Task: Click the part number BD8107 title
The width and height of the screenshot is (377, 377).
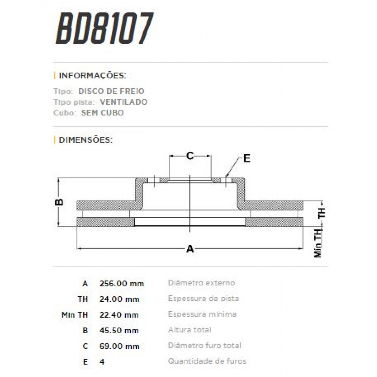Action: (x=105, y=29)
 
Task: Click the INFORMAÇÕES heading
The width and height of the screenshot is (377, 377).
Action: (x=92, y=76)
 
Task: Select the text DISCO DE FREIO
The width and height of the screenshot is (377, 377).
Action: (x=111, y=91)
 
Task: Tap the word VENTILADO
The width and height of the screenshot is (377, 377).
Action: (x=123, y=102)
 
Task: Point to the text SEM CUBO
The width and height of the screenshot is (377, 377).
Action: (x=102, y=113)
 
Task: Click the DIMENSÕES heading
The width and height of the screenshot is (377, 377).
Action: (x=85, y=140)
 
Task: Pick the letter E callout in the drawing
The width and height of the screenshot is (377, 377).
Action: (x=247, y=158)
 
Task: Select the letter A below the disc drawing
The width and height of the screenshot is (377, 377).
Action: (x=190, y=249)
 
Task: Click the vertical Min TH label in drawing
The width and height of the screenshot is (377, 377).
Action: (x=318, y=243)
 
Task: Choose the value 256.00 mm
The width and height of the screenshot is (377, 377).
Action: (x=122, y=283)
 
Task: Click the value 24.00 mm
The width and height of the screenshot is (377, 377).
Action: (x=119, y=299)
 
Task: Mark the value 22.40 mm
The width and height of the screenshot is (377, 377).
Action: (x=119, y=315)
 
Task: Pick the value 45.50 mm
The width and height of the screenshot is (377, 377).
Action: (x=119, y=331)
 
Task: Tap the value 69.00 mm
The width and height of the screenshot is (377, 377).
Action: (x=119, y=346)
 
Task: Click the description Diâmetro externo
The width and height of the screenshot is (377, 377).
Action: (x=201, y=283)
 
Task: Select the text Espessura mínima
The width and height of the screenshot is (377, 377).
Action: (x=202, y=314)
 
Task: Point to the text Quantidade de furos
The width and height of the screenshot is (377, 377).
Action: (x=207, y=361)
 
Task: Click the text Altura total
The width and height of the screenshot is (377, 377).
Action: (x=189, y=330)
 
